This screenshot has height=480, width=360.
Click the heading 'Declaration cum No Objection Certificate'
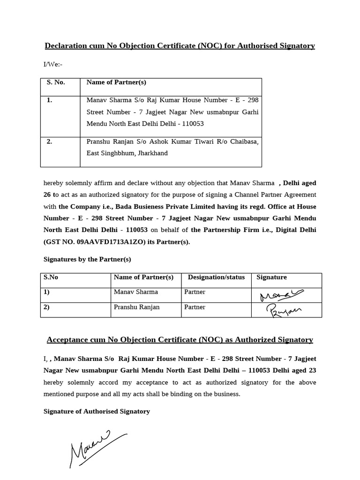click(x=180, y=45)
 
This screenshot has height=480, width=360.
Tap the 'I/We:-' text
click(x=53, y=64)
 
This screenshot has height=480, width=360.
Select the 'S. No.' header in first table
click(x=56, y=82)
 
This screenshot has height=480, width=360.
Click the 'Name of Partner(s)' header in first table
click(x=116, y=82)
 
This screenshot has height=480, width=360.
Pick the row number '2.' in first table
click(x=49, y=142)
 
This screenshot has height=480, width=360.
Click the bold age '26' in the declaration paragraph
click(x=47, y=194)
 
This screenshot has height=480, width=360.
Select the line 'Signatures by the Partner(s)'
click(x=87, y=259)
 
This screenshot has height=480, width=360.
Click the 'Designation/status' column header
click(x=216, y=277)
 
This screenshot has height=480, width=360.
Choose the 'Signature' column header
click(x=271, y=277)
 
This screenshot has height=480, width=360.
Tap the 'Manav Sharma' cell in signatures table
click(x=136, y=292)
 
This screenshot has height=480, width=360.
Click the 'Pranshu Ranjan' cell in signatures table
click(x=137, y=307)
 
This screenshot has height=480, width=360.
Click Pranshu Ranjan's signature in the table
click(x=284, y=310)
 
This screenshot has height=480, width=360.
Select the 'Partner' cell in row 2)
click(x=195, y=307)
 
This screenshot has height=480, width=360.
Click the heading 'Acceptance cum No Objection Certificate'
click(x=180, y=340)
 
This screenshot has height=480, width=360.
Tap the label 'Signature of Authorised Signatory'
click(x=97, y=411)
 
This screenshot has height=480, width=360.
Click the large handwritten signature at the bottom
click(x=96, y=448)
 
